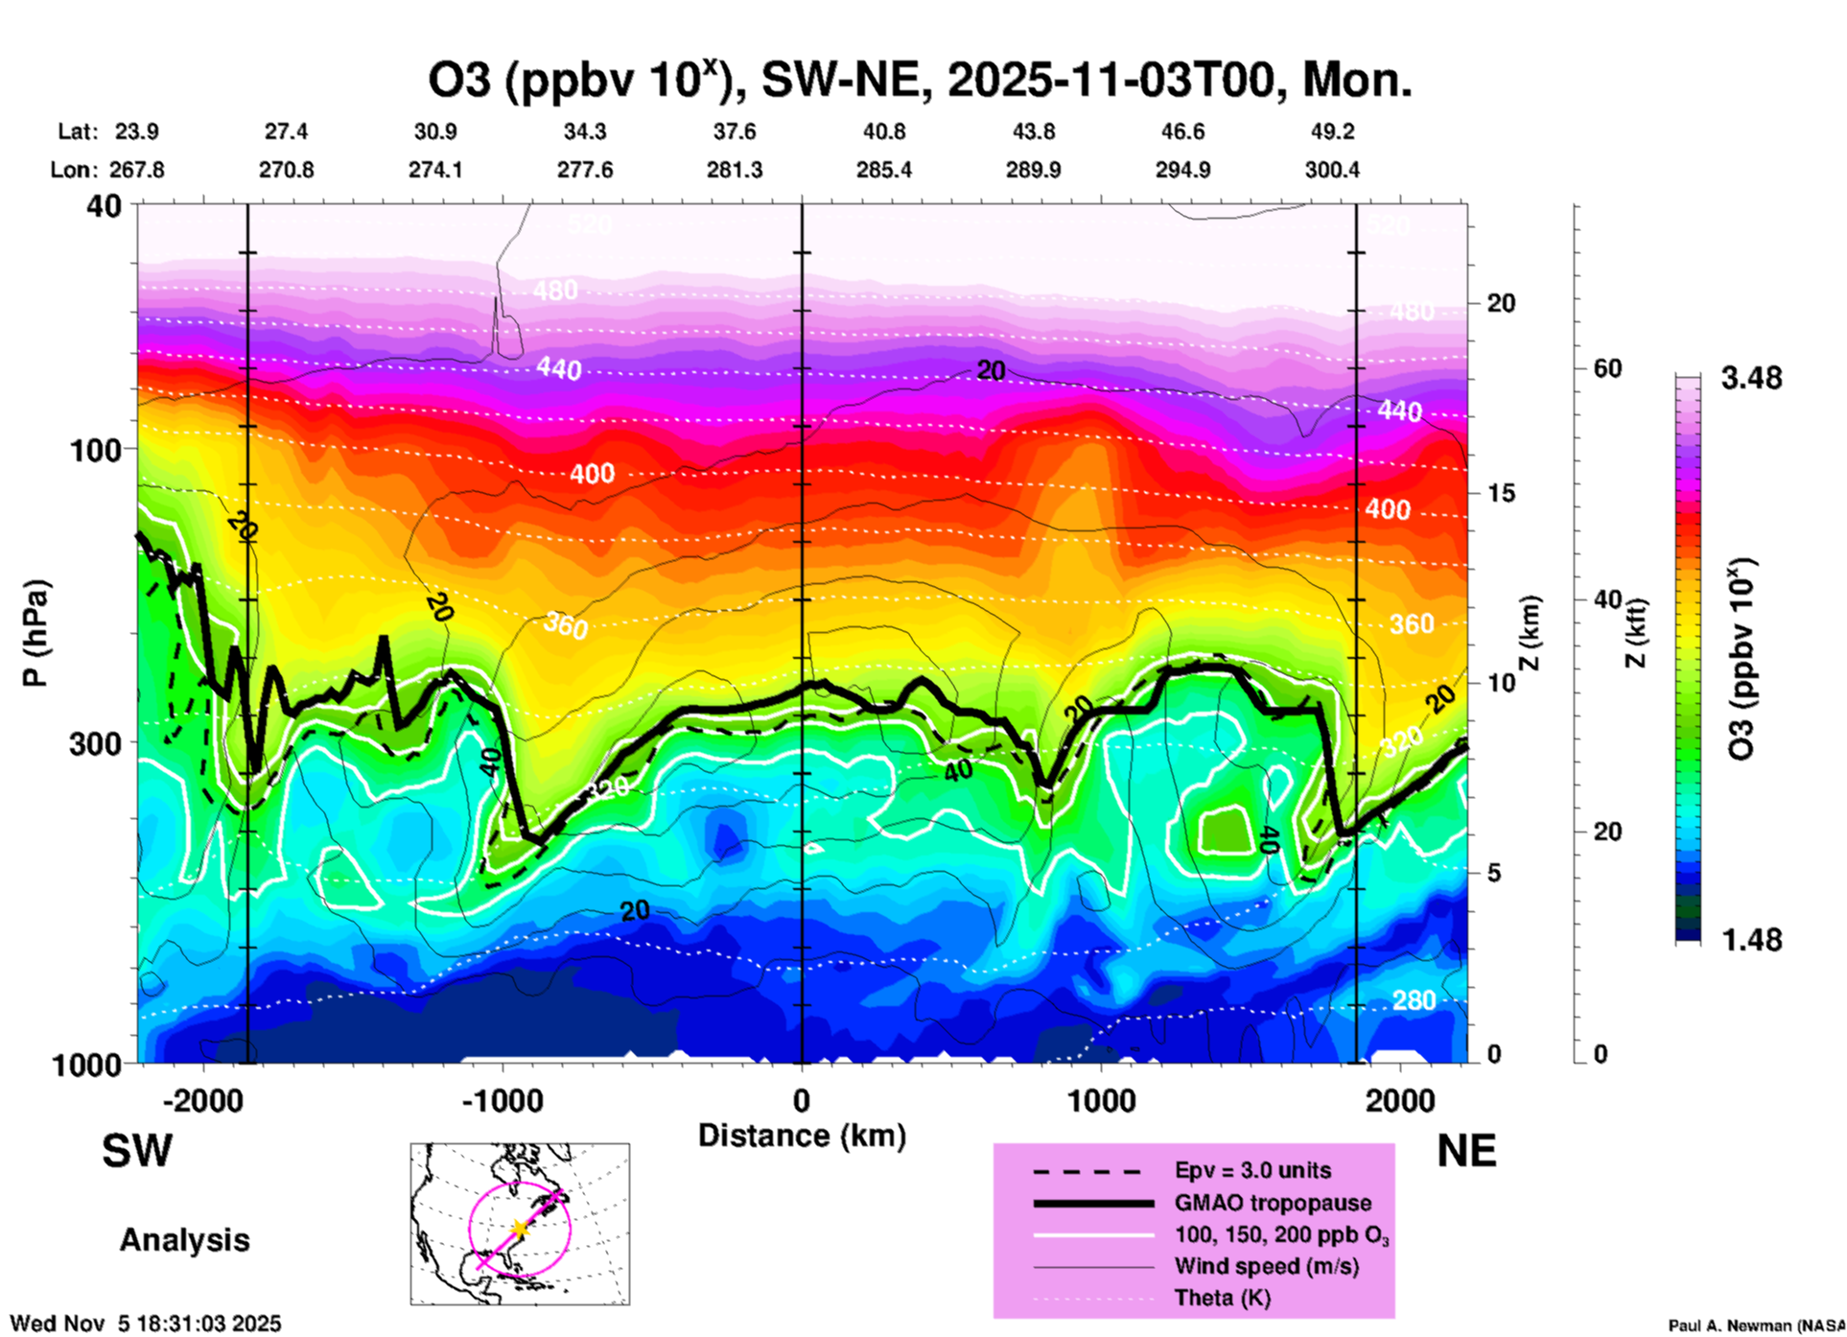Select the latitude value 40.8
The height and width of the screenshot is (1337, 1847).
pyautogui.click(x=883, y=131)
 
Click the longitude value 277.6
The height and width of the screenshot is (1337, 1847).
pyautogui.click(x=584, y=170)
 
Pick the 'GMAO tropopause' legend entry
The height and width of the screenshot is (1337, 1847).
pyautogui.click(x=1272, y=1203)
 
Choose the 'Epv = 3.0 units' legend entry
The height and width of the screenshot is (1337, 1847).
pyautogui.click(x=1251, y=1170)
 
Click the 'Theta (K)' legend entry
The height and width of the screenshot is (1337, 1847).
pyautogui.click(x=1222, y=1298)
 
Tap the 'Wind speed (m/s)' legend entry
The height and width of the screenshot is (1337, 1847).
pyautogui.click(x=1266, y=1266)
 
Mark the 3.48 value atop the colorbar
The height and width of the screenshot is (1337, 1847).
pyautogui.click(x=1751, y=378)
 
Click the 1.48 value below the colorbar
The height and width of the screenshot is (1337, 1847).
pyautogui.click(x=1751, y=939)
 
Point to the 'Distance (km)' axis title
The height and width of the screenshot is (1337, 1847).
pyautogui.click(x=802, y=1136)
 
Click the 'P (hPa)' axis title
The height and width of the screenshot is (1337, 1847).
pyautogui.click(x=35, y=632)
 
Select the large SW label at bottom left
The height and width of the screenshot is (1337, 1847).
pyautogui.click(x=137, y=1151)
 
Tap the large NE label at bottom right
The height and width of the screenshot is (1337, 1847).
pyautogui.click(x=1466, y=1151)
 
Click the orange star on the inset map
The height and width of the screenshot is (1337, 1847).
pyautogui.click(x=519, y=1228)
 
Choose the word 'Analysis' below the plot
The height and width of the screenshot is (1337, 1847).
pyautogui.click(x=184, y=1240)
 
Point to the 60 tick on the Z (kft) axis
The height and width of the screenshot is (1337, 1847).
pyautogui.click(x=1606, y=368)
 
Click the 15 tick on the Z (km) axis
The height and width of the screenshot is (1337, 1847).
pyautogui.click(x=1500, y=493)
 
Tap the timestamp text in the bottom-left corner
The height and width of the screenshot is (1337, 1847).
pyautogui.click(x=146, y=1324)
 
